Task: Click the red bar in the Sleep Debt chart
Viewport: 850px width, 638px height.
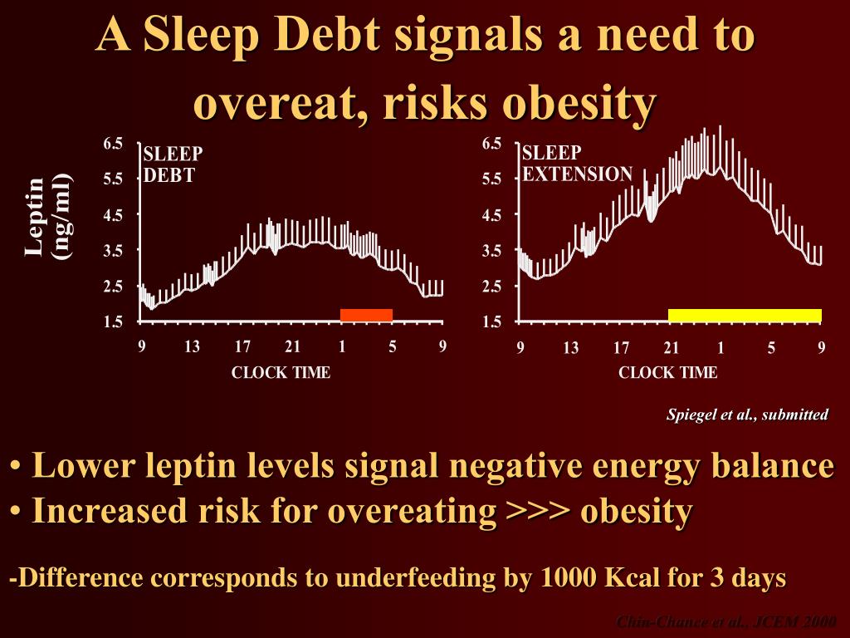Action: pyautogui.click(x=366, y=315)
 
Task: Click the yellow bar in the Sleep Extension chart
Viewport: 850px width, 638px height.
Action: pyautogui.click(x=745, y=315)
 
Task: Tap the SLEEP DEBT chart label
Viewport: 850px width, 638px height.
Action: pyautogui.click(x=173, y=164)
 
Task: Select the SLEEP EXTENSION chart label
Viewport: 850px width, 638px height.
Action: pyautogui.click(x=578, y=164)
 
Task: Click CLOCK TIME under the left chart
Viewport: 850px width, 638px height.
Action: pyautogui.click(x=281, y=373)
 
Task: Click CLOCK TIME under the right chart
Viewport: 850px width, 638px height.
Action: pyautogui.click(x=667, y=373)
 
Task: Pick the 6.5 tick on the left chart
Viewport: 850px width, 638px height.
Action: pyautogui.click(x=113, y=144)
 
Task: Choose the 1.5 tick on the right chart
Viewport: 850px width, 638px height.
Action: pyautogui.click(x=491, y=321)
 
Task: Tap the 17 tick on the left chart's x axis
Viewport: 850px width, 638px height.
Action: pyautogui.click(x=242, y=347)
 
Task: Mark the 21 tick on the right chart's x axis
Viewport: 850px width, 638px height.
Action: pyautogui.click(x=672, y=348)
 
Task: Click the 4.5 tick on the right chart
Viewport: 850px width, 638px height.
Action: pyautogui.click(x=491, y=215)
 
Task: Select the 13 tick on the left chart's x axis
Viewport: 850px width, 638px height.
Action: pyautogui.click(x=192, y=347)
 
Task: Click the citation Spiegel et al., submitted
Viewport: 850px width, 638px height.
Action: pyautogui.click(x=747, y=415)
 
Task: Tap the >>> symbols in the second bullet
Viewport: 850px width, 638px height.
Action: pyautogui.click(x=538, y=511)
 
